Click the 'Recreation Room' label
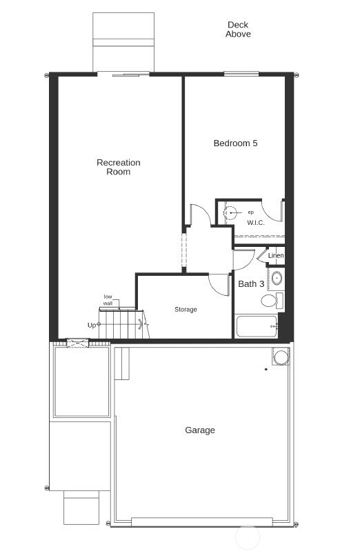click(x=118, y=167)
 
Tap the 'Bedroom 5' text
click(x=235, y=143)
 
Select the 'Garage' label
click(x=200, y=430)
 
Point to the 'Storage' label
click(x=186, y=310)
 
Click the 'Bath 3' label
click(x=251, y=284)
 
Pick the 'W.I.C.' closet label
click(x=256, y=223)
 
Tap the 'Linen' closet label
click(x=276, y=256)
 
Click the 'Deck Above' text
click(x=238, y=30)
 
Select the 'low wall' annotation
click(x=108, y=300)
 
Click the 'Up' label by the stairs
click(x=92, y=325)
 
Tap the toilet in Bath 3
click(x=270, y=301)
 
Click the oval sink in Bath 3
click(x=277, y=279)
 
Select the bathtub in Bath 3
click(x=257, y=326)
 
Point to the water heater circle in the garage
click(x=281, y=357)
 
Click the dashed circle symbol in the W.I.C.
click(x=231, y=212)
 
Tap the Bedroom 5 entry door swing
click(x=200, y=215)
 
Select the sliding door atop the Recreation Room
click(x=123, y=74)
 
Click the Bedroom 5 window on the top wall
click(x=241, y=74)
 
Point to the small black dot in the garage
click(x=266, y=370)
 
